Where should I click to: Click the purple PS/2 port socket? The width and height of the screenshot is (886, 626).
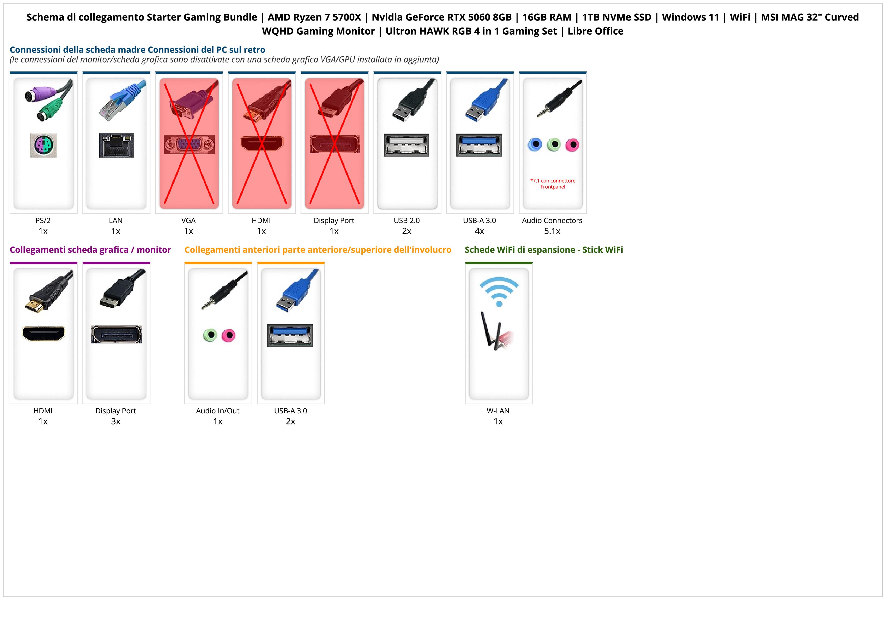(44, 145)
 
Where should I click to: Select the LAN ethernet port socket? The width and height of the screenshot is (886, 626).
(116, 145)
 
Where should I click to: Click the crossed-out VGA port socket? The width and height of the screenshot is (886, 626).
(189, 145)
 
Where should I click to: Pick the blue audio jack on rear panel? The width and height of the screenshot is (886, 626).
(535, 145)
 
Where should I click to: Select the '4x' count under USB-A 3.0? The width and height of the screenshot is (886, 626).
(479, 231)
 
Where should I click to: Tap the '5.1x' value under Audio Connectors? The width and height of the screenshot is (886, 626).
(552, 231)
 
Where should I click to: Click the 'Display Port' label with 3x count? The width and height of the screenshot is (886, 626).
(116, 411)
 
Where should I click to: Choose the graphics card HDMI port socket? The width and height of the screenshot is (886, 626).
(44, 334)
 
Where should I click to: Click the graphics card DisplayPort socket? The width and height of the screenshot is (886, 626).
(116, 334)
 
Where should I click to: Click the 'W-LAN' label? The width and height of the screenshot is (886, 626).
(498, 411)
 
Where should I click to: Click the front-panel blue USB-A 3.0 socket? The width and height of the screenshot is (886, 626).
(290, 335)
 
